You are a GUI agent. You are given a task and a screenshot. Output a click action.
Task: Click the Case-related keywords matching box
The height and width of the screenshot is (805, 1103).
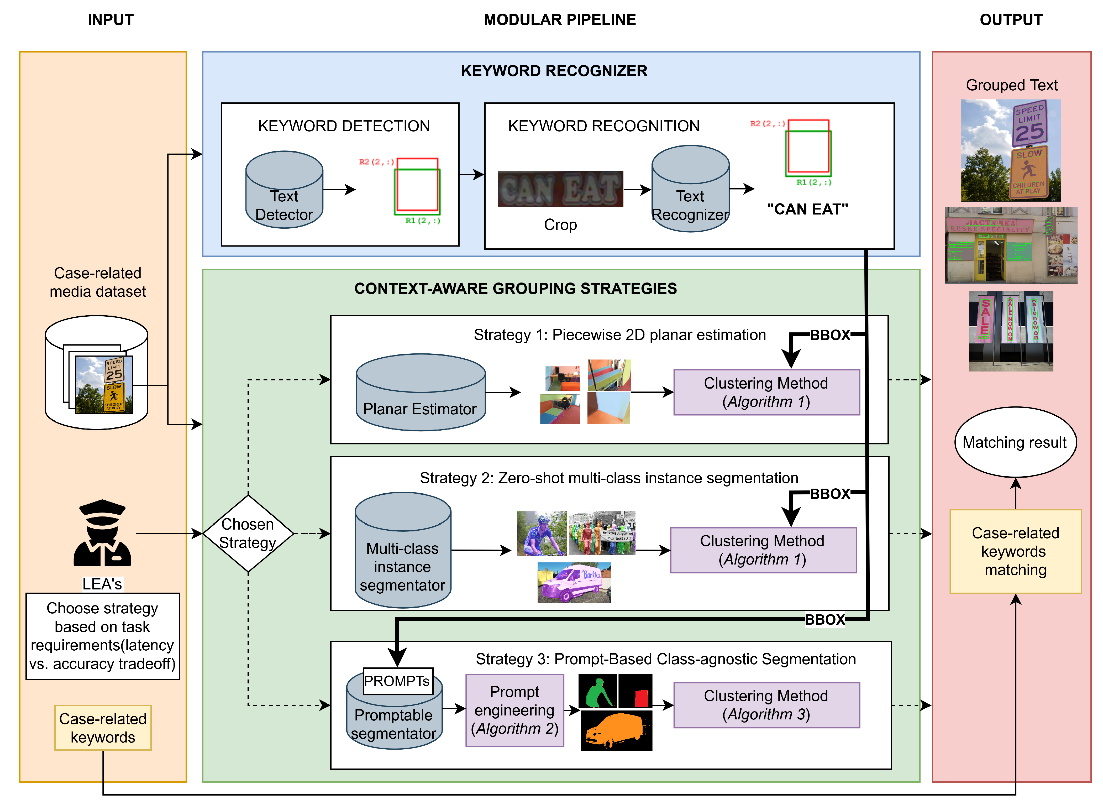pyautogui.click(x=1015, y=551)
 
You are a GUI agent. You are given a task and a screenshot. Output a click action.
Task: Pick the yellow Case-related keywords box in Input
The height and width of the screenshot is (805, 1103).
pyautogui.click(x=103, y=728)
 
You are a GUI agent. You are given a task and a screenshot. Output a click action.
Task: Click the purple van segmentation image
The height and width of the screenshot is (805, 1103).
pyautogui.click(x=574, y=583)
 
